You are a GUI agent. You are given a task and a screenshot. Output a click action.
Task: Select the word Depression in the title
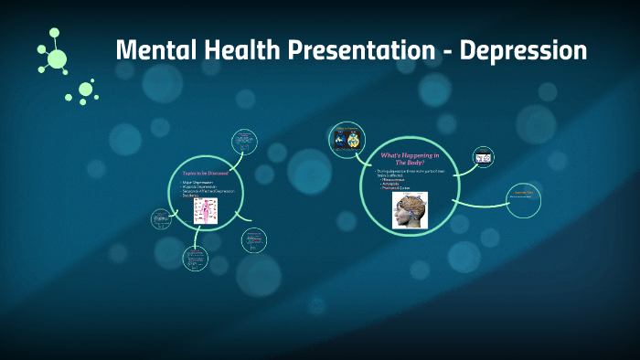[x=523, y=50]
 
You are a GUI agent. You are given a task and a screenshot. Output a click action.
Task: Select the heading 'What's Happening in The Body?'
[x=409, y=157]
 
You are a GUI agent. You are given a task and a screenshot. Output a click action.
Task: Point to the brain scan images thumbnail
[x=347, y=138]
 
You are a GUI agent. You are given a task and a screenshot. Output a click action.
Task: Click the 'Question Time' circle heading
[x=524, y=192]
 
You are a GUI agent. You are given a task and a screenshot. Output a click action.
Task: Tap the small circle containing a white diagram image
[x=483, y=158]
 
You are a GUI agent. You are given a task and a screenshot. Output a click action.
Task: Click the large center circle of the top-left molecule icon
[x=57, y=59]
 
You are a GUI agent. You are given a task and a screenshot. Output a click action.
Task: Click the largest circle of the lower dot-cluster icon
[x=86, y=89]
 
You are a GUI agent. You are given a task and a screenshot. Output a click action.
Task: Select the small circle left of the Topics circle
[x=161, y=218]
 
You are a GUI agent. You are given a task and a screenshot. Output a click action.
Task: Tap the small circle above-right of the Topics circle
[x=244, y=141]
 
